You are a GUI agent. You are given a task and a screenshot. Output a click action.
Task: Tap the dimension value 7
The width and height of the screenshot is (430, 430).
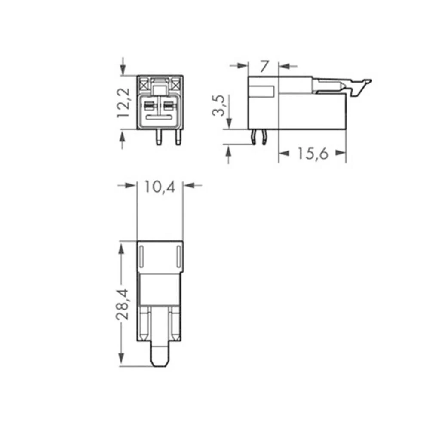click(x=264, y=66)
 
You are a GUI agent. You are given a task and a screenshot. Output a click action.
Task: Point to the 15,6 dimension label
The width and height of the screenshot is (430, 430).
click(x=312, y=153)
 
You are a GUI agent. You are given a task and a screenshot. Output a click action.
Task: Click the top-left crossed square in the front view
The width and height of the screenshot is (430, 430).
click(x=144, y=83)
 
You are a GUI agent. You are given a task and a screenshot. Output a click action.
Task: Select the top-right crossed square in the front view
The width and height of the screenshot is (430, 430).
click(x=175, y=83)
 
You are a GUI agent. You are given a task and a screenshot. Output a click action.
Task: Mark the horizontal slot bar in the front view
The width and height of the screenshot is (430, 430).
click(x=160, y=117)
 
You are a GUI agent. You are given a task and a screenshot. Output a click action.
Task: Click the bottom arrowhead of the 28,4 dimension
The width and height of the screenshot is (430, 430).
click(x=122, y=358)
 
